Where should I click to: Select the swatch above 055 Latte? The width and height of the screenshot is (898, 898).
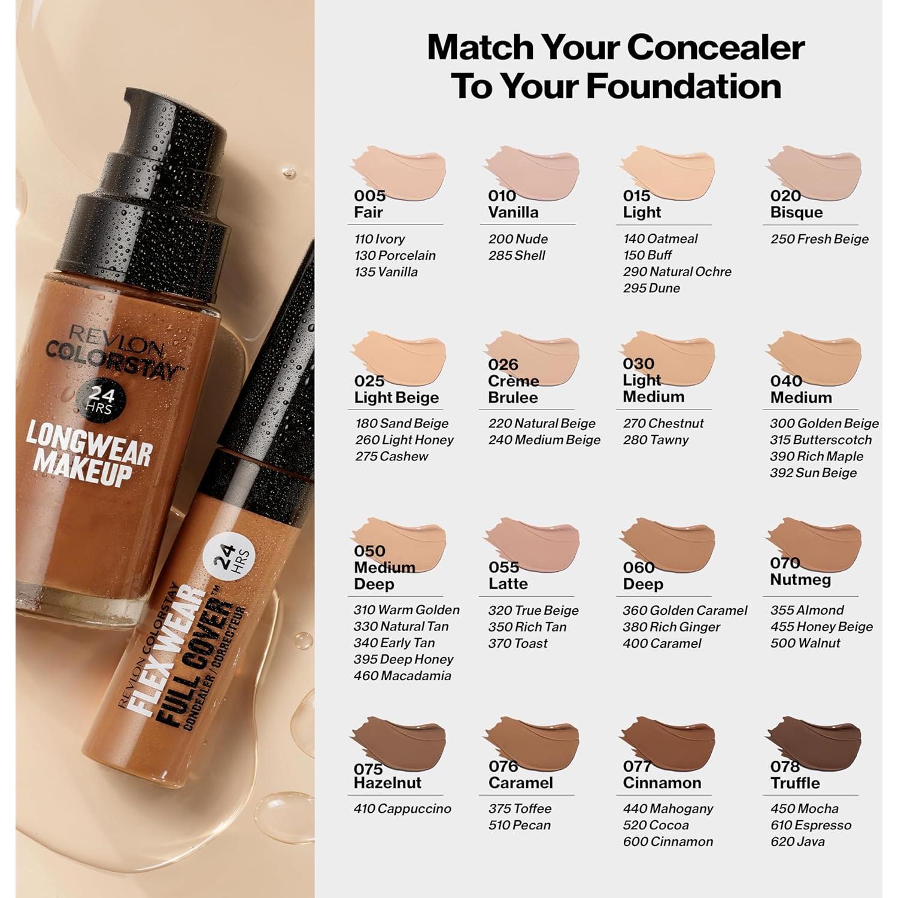(x=533, y=542)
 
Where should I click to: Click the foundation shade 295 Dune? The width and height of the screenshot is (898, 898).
(x=651, y=288)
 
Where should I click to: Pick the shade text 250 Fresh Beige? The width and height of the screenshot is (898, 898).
(x=819, y=239)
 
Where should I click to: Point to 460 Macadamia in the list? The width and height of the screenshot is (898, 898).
(x=402, y=676)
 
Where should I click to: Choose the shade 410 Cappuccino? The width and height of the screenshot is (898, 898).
(x=402, y=809)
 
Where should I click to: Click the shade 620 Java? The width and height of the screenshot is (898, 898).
(x=797, y=842)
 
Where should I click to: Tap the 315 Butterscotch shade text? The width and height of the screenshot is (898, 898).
(x=820, y=440)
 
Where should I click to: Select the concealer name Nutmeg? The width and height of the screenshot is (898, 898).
(x=800, y=580)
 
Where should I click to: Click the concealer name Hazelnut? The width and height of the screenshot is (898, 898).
(x=387, y=783)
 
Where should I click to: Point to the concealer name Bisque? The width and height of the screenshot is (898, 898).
(x=796, y=213)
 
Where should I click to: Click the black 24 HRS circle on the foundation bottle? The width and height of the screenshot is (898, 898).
(x=101, y=399)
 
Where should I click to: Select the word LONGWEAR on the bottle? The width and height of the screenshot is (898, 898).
(x=89, y=443)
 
